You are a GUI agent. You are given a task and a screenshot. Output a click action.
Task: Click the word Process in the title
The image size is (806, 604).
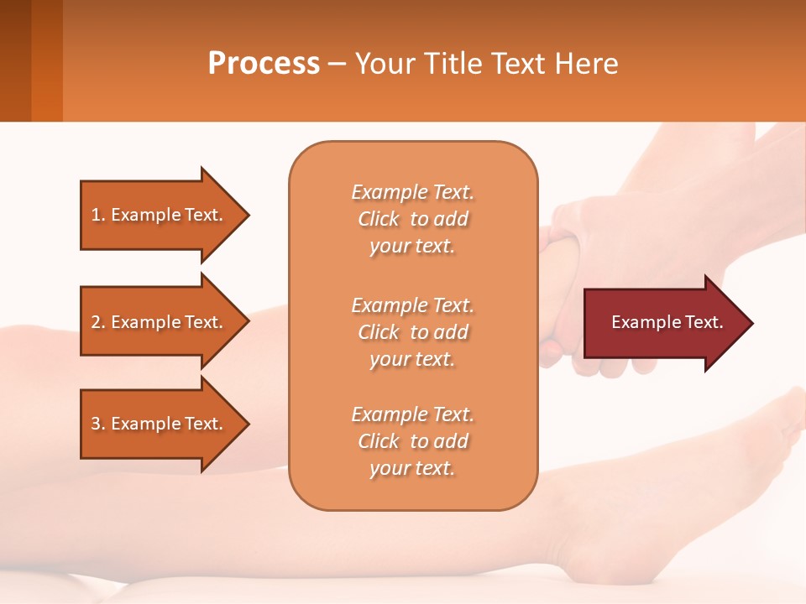coord(264,64)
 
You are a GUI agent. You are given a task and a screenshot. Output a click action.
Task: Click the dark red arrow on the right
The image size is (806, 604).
coord(663,323)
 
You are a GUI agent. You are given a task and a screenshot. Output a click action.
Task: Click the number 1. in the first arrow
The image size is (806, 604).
coord(98,215)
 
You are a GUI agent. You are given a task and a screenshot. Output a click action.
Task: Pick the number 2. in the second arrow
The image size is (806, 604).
coord(98,322)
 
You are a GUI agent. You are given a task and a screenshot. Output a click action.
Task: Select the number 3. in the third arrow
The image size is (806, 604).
coord(98,424)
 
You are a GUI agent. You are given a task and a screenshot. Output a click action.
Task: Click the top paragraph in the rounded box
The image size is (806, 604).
coord(412,219)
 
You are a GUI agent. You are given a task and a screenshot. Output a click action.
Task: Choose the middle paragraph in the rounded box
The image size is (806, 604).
coord(412,332)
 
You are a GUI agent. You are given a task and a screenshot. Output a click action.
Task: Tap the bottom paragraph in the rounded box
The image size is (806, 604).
coord(412,441)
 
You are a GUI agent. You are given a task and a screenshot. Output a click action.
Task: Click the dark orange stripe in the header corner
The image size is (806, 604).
coord(47,60)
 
